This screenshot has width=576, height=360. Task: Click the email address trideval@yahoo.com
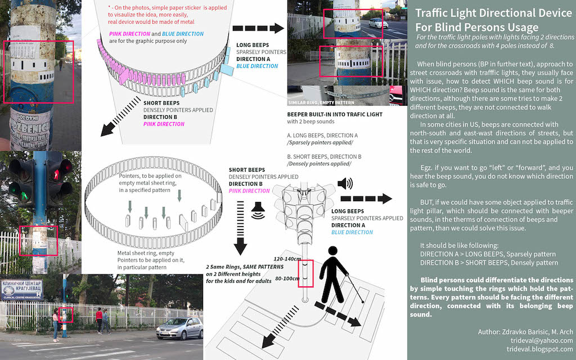[539, 340]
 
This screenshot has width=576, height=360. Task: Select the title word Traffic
[436, 13]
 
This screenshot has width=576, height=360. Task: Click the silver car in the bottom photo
[179, 328]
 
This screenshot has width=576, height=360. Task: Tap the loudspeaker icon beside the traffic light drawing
[345, 183]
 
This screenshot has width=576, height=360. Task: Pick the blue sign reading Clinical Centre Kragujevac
[21, 289]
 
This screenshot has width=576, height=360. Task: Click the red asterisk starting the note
[110, 6]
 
